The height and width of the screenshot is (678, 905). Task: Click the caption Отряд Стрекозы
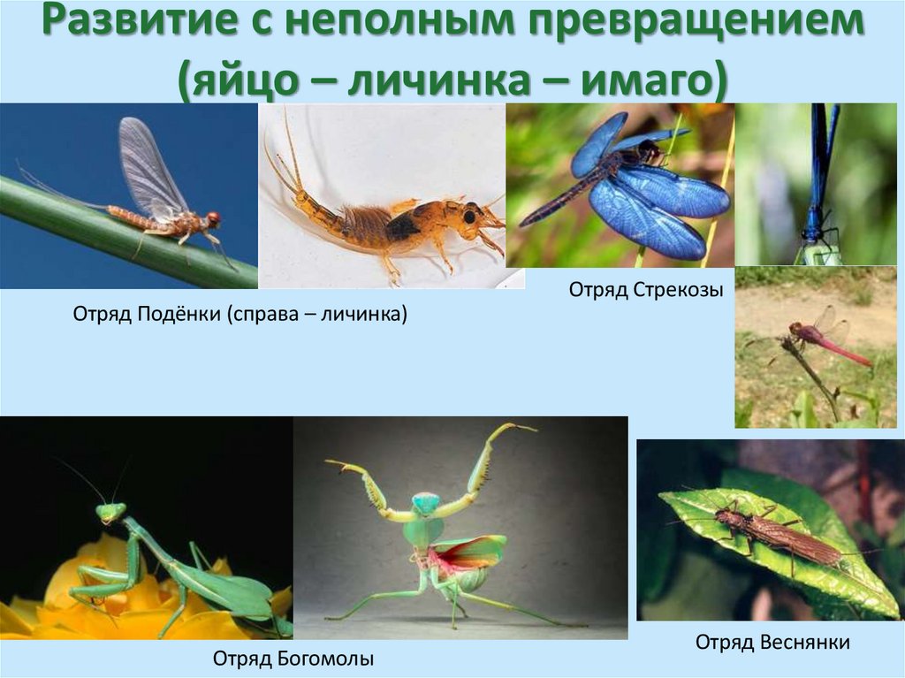pos(639,289)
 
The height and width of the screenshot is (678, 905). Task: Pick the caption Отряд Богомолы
pos(293,658)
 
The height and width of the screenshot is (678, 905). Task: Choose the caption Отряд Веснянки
pos(772,642)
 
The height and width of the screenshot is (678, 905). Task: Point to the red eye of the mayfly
pos(213,217)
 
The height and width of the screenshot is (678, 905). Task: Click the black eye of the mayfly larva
pos(468,215)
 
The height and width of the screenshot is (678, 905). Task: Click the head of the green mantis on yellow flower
pos(111,512)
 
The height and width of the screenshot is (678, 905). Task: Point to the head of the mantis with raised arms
pos(426,504)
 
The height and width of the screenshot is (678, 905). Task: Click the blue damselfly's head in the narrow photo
pos(812,235)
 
